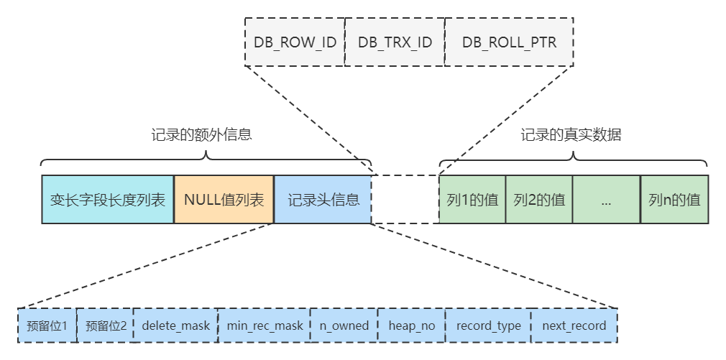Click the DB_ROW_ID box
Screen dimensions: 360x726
tap(295, 42)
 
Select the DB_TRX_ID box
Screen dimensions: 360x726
tap(395, 42)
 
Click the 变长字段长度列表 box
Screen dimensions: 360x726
tap(108, 199)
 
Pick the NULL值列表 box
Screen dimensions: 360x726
tap(224, 199)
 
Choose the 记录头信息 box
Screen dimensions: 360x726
tap(323, 199)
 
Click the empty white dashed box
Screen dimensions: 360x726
tap(405, 199)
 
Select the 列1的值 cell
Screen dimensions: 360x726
tap(472, 199)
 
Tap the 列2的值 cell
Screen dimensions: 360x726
tap(539, 199)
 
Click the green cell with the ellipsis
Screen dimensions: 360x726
tap(606, 199)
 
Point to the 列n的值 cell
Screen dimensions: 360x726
tap(674, 199)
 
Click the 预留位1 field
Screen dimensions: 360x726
tap(47, 326)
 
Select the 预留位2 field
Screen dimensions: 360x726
tap(105, 326)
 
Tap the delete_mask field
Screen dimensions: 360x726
tap(175, 326)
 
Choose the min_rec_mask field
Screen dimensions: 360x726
tap(265, 326)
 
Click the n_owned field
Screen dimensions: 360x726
tap(344, 326)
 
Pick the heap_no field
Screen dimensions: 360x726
tap(411, 326)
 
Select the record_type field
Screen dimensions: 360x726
tap(488, 326)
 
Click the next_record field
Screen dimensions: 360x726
tap(574, 326)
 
